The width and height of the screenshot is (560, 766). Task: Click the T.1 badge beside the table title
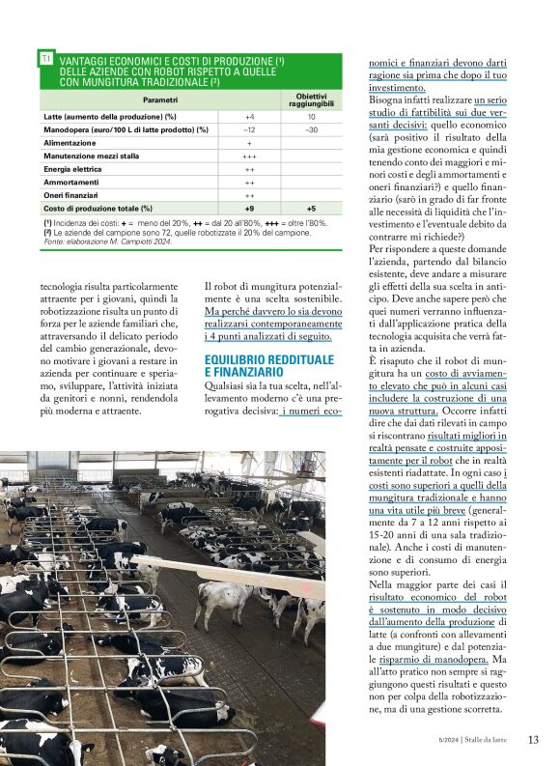pyautogui.click(x=46, y=59)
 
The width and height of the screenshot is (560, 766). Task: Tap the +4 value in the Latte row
pyautogui.click(x=249, y=116)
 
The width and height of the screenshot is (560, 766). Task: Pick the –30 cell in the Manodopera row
pyautogui.click(x=311, y=129)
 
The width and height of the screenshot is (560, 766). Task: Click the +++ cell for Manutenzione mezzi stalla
pyautogui.click(x=249, y=156)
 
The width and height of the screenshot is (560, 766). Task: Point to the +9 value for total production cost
pyautogui.click(x=249, y=208)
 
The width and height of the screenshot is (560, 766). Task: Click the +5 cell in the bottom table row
pyautogui.click(x=311, y=208)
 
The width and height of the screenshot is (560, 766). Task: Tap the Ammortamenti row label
pyautogui.click(x=71, y=182)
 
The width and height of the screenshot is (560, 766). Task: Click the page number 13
pyautogui.click(x=533, y=740)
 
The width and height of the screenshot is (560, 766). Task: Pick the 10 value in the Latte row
pyautogui.click(x=311, y=116)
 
